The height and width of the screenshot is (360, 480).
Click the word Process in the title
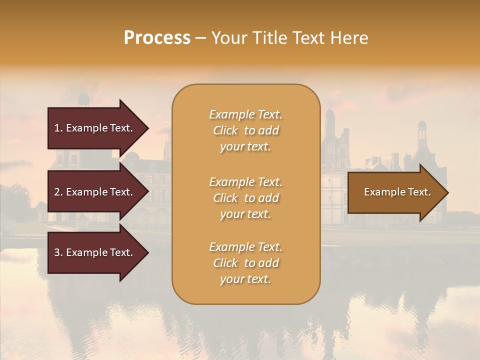pos(157,38)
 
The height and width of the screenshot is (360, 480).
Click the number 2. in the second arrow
pos(58,192)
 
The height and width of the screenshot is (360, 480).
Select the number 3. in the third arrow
pos(58,252)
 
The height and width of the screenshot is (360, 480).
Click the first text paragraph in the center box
pos(245,130)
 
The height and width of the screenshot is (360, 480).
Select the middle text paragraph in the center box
pos(245,198)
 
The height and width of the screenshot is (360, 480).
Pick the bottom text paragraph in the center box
pos(245,263)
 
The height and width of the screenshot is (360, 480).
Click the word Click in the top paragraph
pos(225,130)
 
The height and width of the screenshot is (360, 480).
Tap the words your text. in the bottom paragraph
pos(245,279)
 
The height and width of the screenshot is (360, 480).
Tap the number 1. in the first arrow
pos(58,128)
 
